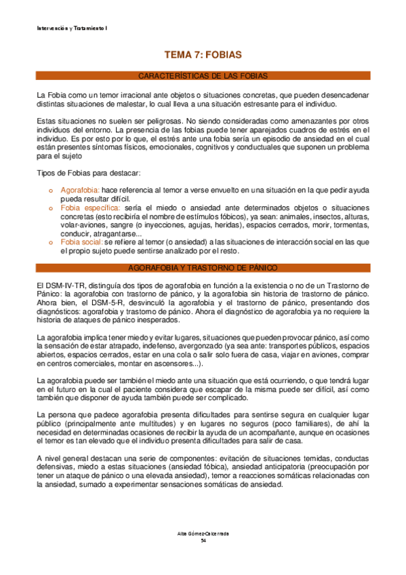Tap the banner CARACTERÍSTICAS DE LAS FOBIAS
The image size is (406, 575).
pos(203,75)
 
